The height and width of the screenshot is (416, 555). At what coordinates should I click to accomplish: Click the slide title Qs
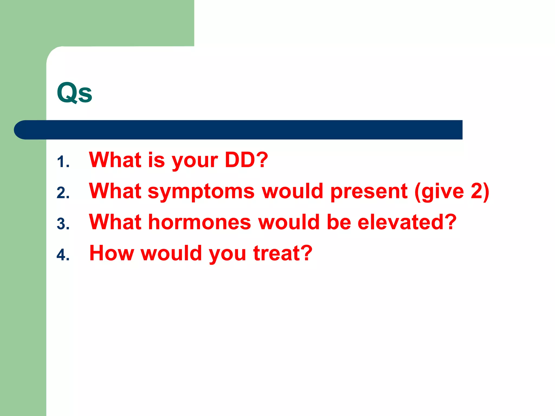tap(75, 93)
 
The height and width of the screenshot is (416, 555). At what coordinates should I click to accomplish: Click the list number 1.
tap(63, 162)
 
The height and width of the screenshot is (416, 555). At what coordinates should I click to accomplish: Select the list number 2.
tap(63, 193)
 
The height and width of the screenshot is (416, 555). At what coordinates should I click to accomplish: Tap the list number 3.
tap(63, 224)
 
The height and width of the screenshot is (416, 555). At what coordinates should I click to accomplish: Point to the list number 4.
tap(63, 255)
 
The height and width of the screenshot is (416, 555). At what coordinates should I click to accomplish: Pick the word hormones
tap(200, 222)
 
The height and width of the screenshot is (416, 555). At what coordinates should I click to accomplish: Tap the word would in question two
tap(293, 191)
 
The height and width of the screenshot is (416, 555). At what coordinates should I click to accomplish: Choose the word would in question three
tap(289, 222)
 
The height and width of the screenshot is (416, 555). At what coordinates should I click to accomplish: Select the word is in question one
tap(156, 160)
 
